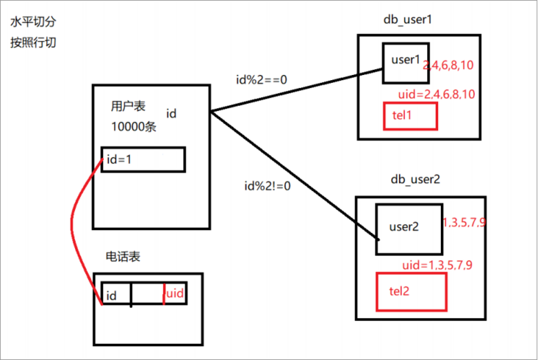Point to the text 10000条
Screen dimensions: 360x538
(x=134, y=127)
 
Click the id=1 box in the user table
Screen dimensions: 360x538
(x=143, y=159)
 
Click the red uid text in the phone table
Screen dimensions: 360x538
(x=174, y=293)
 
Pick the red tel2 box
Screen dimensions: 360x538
(x=411, y=291)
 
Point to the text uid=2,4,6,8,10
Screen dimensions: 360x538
(x=437, y=93)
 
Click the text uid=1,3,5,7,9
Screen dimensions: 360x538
(x=437, y=264)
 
